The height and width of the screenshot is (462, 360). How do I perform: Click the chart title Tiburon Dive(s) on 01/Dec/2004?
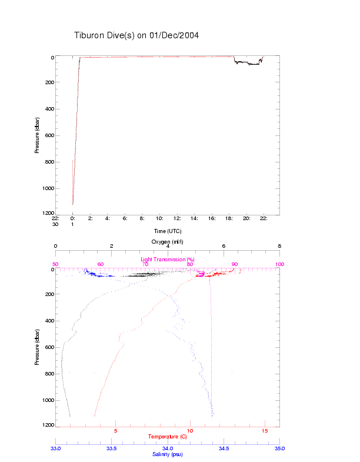[x=136, y=35]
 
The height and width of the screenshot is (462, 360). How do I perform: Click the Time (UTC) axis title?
[x=168, y=231]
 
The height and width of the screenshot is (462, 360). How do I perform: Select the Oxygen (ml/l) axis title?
[x=168, y=241]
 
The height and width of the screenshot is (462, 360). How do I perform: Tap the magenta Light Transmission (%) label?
[x=168, y=259]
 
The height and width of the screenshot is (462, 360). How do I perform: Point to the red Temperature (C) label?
[x=168, y=437]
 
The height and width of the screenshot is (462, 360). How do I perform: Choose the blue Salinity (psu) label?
[x=168, y=454]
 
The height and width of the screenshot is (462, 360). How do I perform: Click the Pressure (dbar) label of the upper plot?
[x=37, y=135]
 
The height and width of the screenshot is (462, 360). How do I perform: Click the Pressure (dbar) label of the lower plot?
[x=37, y=347]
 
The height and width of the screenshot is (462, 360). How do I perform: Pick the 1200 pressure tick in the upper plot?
[x=47, y=213]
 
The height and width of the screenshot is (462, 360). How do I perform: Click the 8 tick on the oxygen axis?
[x=279, y=247]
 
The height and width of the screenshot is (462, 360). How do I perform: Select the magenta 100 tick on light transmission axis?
[x=279, y=264]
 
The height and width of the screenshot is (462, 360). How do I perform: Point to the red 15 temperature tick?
[x=265, y=431]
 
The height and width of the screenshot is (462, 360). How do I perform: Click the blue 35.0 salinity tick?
[x=279, y=448]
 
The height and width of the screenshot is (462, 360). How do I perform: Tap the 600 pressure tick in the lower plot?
[x=48, y=347]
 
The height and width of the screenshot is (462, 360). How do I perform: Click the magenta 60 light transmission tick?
[x=101, y=264]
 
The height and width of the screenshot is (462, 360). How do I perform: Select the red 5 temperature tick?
[x=115, y=431]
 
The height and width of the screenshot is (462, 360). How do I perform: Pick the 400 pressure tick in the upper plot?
[x=48, y=109]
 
